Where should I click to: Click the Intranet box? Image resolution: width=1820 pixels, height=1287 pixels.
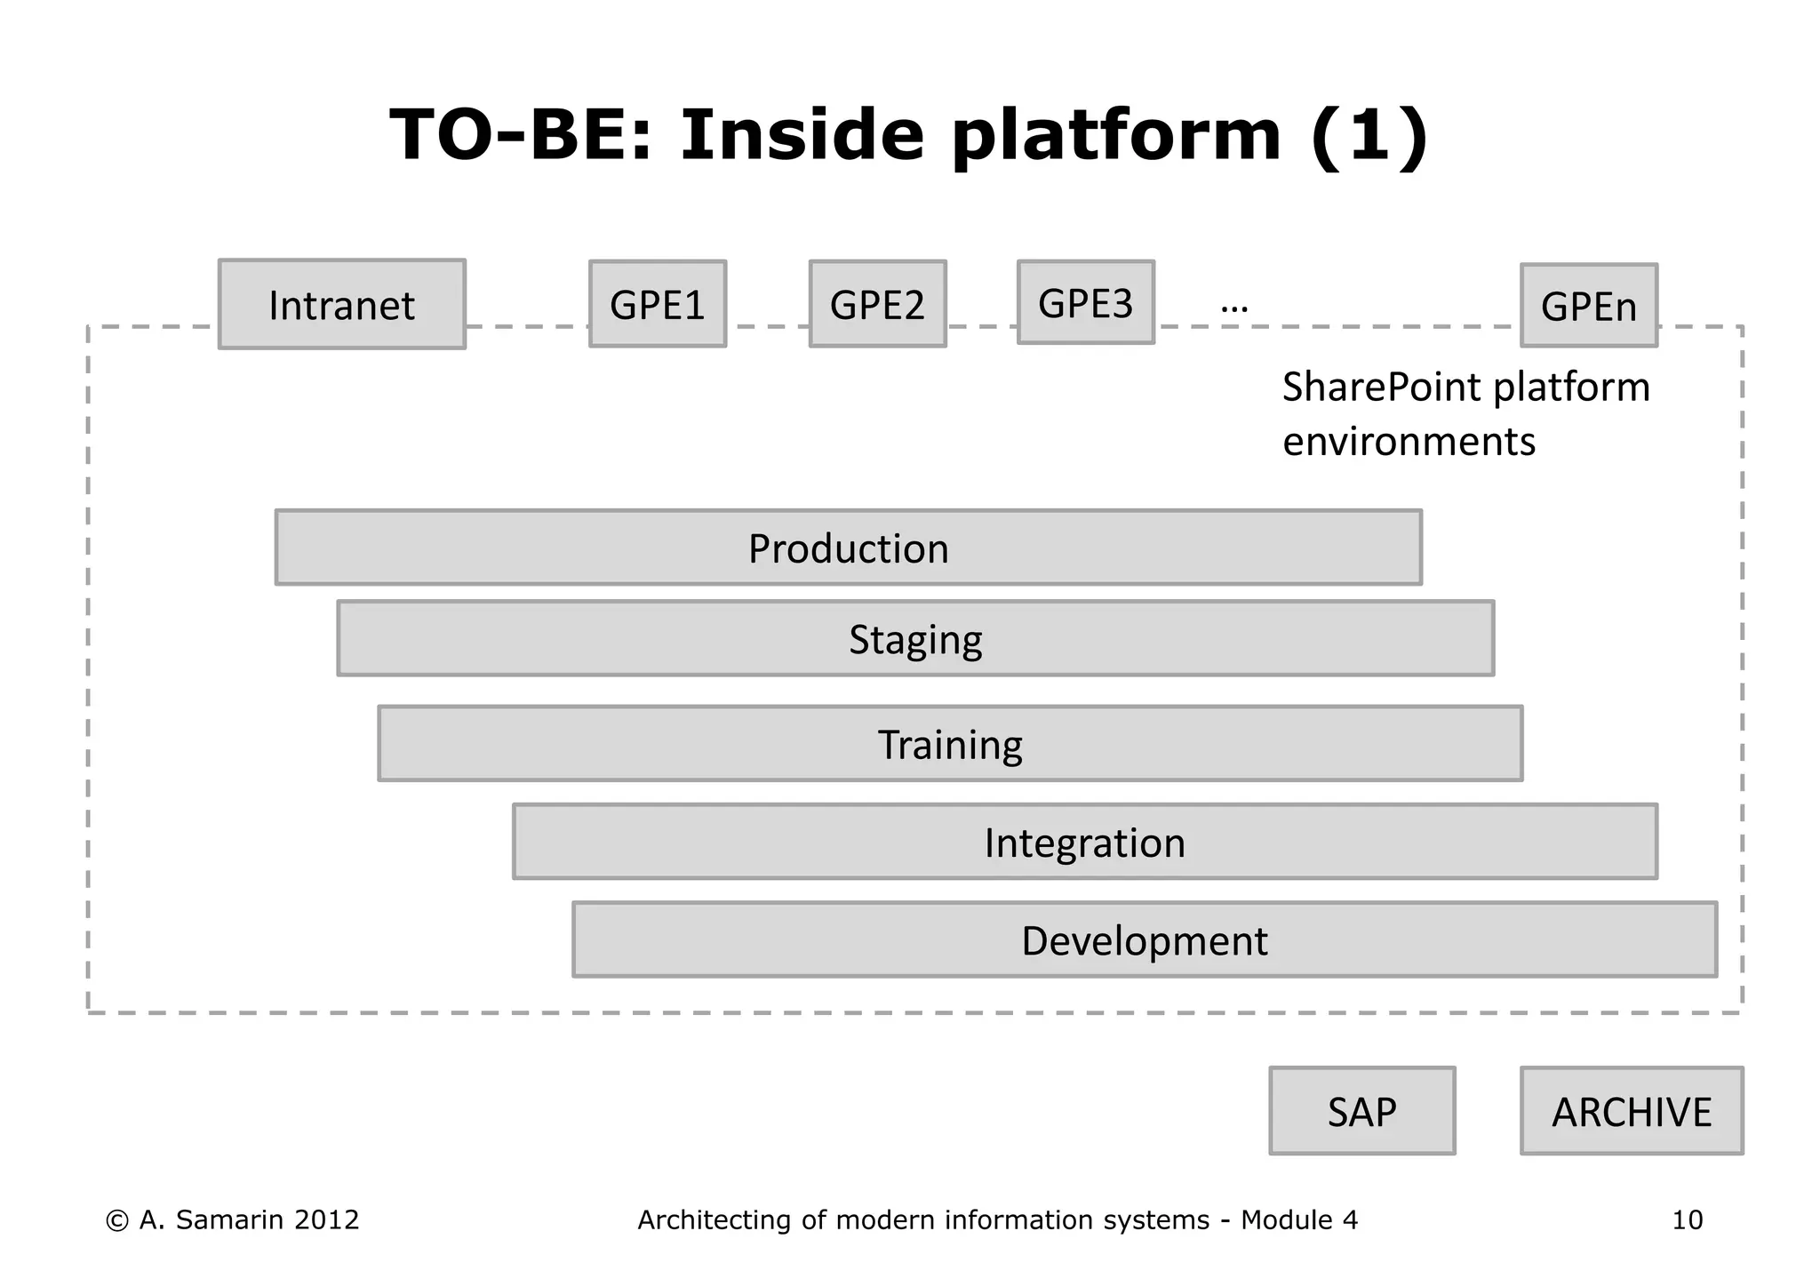341,305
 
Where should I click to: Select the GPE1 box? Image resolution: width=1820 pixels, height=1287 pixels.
658,305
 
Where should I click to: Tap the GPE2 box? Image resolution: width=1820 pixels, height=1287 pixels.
877,305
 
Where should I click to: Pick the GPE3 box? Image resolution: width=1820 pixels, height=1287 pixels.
1085,303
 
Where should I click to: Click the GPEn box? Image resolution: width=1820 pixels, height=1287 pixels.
1588,307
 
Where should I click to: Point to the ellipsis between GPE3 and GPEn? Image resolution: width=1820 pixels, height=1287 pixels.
1234,308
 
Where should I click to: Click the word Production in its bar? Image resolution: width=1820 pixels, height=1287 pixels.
848,548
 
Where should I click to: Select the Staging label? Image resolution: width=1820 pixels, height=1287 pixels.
915,640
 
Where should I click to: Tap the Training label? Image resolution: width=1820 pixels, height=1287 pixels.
950,745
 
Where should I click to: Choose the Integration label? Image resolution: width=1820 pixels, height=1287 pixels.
1084,843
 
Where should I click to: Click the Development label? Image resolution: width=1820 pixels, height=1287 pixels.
1144,940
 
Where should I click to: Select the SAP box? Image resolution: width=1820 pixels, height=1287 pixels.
1361,1111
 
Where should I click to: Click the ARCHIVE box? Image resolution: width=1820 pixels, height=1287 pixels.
1632,1111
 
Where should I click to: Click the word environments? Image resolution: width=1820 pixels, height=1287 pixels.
1409,442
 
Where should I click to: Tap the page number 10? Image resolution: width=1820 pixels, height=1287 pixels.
1687,1219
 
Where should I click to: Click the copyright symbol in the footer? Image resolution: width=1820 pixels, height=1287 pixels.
116,1220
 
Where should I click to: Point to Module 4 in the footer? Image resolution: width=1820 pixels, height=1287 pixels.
1298,1219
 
